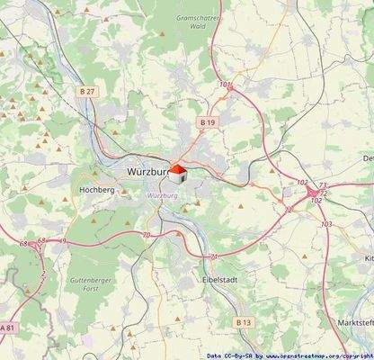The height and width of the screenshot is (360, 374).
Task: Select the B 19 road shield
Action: (208, 121)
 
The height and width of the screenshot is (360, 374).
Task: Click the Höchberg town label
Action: (96, 190)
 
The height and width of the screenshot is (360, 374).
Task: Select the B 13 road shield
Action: (244, 321)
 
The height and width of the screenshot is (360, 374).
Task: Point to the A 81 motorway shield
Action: (8, 327)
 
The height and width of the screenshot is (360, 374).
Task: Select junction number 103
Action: (326, 223)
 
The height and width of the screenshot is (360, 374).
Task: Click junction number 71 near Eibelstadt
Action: (213, 256)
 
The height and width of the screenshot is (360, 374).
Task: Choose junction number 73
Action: (322, 184)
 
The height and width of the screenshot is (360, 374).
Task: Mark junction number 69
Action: (63, 241)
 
